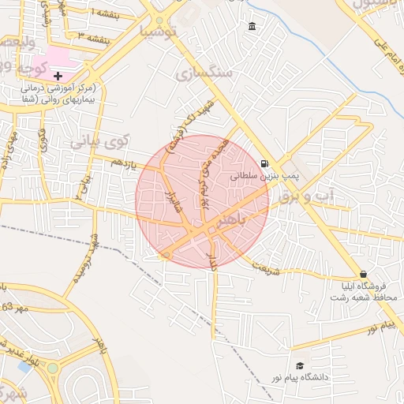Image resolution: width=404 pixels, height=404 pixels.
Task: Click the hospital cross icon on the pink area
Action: point(58,75)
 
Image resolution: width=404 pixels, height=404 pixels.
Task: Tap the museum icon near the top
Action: point(252,28)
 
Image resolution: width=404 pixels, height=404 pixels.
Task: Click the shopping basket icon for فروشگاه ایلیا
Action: point(363,273)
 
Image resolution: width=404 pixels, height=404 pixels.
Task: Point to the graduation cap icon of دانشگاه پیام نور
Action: point(300,366)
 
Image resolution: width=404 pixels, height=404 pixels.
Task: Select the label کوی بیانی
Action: point(99,143)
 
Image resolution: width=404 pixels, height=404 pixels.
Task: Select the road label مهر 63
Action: point(13,307)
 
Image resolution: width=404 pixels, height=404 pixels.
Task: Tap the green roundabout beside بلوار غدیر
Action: point(53,368)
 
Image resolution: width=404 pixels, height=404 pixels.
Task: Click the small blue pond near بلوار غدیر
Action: point(25,366)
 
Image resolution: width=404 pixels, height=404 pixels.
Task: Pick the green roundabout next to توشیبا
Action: point(160,21)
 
